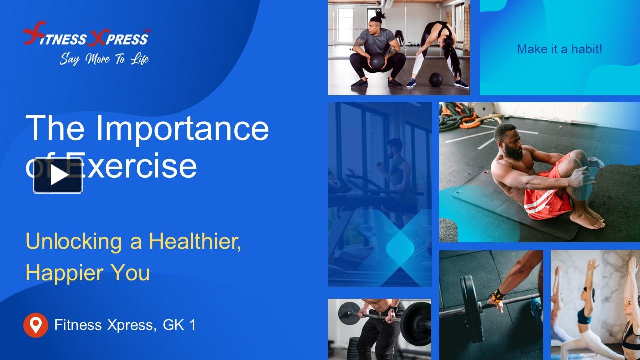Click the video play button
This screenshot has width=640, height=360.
click(58, 175)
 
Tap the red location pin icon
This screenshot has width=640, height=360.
click(36, 325)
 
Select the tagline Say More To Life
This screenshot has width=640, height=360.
click(104, 59)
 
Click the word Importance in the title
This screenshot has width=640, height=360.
click(182, 128)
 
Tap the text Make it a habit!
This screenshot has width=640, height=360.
click(559, 49)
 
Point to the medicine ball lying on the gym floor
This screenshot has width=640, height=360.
click(436, 79)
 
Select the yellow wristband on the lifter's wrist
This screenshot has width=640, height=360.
click(498, 294)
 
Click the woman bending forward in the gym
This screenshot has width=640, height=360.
click(440, 50)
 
